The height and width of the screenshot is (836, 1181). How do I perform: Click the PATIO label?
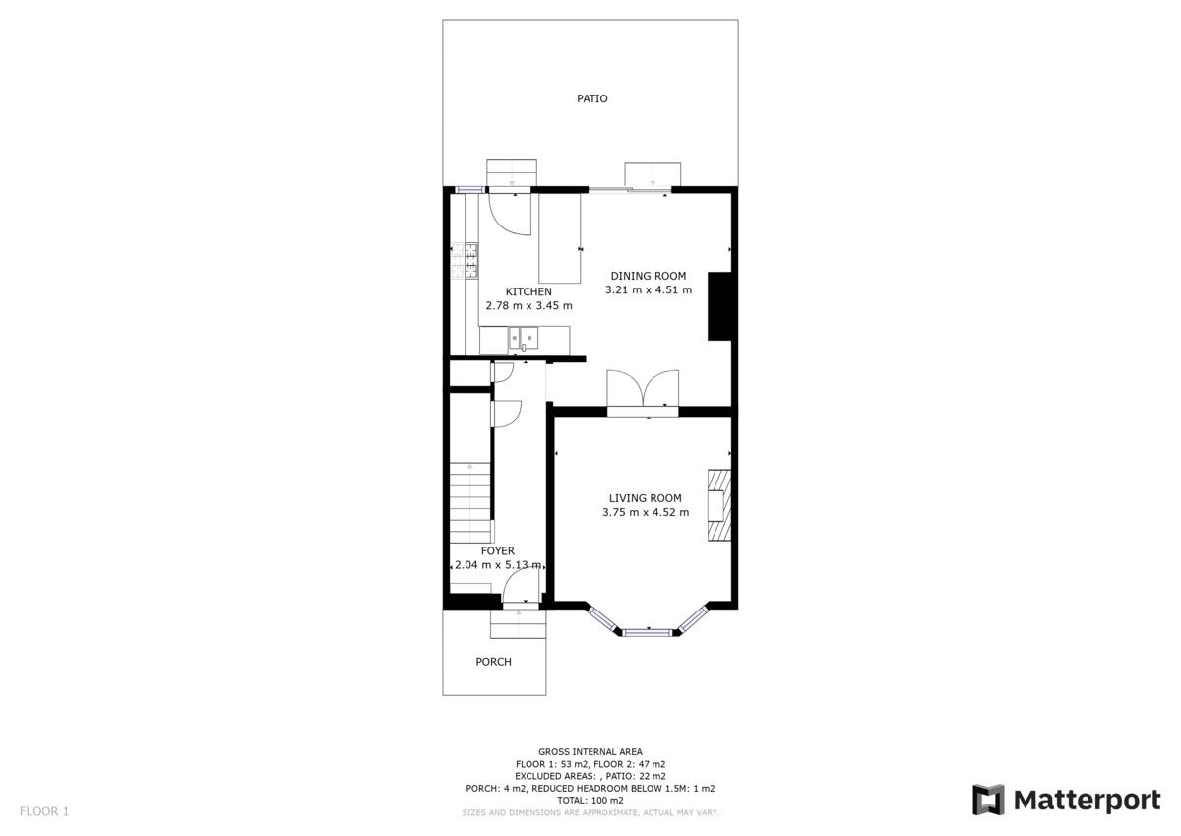591,98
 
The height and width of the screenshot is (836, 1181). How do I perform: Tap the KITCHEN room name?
528,291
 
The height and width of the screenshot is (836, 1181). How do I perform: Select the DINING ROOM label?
648,276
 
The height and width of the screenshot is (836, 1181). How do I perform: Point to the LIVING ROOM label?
645,498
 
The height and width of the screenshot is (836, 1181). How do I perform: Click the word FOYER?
498,551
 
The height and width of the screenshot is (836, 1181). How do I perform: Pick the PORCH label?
493,662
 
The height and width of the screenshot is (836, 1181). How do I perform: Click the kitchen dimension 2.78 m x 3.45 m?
528,305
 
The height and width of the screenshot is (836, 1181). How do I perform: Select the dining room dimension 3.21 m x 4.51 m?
648,289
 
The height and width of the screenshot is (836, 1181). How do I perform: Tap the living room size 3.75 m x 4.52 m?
646,512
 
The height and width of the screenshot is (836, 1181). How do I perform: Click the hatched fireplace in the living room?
719,505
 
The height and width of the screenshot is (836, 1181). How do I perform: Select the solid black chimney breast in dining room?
719,306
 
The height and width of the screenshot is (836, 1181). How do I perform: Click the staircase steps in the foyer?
470,502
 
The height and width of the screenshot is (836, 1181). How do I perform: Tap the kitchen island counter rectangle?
560,238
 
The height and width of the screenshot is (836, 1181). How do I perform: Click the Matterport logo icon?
988,801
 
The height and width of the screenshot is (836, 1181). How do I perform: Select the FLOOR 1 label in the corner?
44,811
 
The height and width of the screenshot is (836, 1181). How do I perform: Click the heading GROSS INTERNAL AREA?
590,752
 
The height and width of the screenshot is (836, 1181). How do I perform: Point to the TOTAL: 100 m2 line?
590,801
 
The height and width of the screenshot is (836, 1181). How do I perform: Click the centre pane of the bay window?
648,632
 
